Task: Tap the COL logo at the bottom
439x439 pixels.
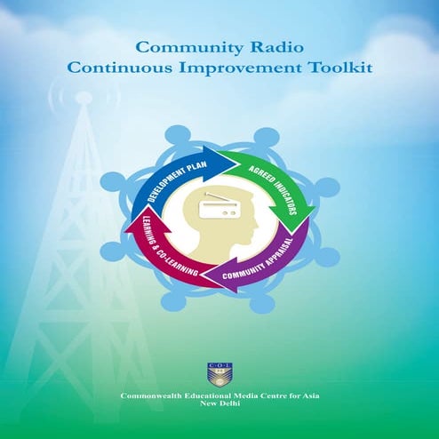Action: pyautogui.click(x=219, y=373)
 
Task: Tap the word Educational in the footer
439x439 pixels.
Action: pyautogui.click(x=209, y=395)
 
